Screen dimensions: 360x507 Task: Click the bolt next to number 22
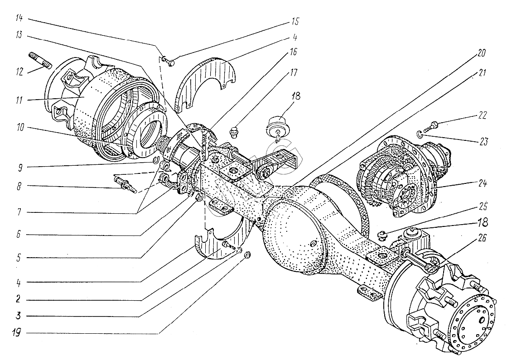[x=433, y=124]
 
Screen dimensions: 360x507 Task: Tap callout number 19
[x=18, y=334]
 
